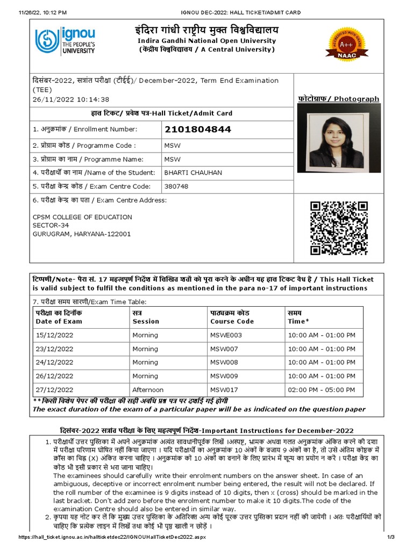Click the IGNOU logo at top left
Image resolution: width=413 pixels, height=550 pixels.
65,41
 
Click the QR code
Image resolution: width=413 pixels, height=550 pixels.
339,228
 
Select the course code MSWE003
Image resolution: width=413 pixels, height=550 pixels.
226,335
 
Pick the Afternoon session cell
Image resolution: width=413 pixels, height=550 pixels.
148,390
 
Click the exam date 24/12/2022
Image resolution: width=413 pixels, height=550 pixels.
54,363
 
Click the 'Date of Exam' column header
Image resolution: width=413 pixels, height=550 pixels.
59,321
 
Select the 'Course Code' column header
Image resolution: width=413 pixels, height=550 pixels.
232,321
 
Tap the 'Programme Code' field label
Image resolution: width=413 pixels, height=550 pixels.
84,146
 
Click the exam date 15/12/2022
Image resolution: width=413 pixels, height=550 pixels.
54,335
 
